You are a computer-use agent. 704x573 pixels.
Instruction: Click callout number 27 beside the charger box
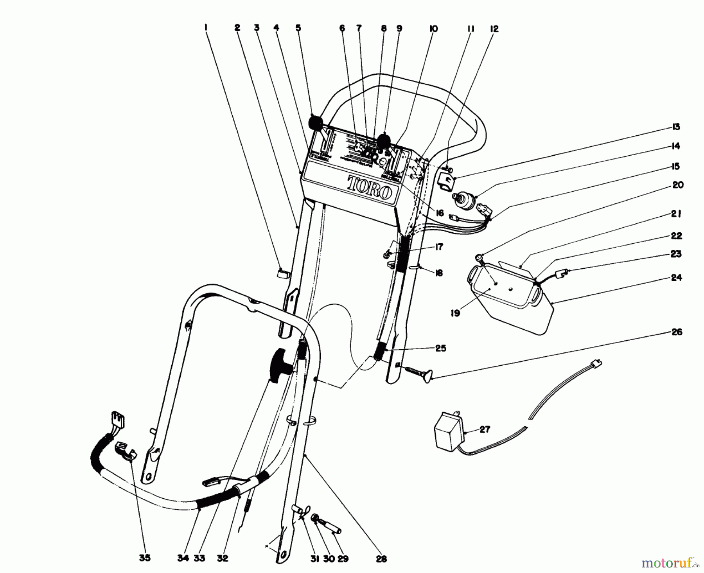(x=485, y=429)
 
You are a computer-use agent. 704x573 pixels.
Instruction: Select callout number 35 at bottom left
(x=144, y=558)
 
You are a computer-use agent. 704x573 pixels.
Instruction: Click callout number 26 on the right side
(x=676, y=332)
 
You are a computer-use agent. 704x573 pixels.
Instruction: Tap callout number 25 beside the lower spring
(x=440, y=348)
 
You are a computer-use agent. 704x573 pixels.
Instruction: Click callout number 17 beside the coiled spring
(x=438, y=247)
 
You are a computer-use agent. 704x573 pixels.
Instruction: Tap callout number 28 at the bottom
(x=381, y=559)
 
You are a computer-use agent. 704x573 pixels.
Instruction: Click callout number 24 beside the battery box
(x=676, y=278)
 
